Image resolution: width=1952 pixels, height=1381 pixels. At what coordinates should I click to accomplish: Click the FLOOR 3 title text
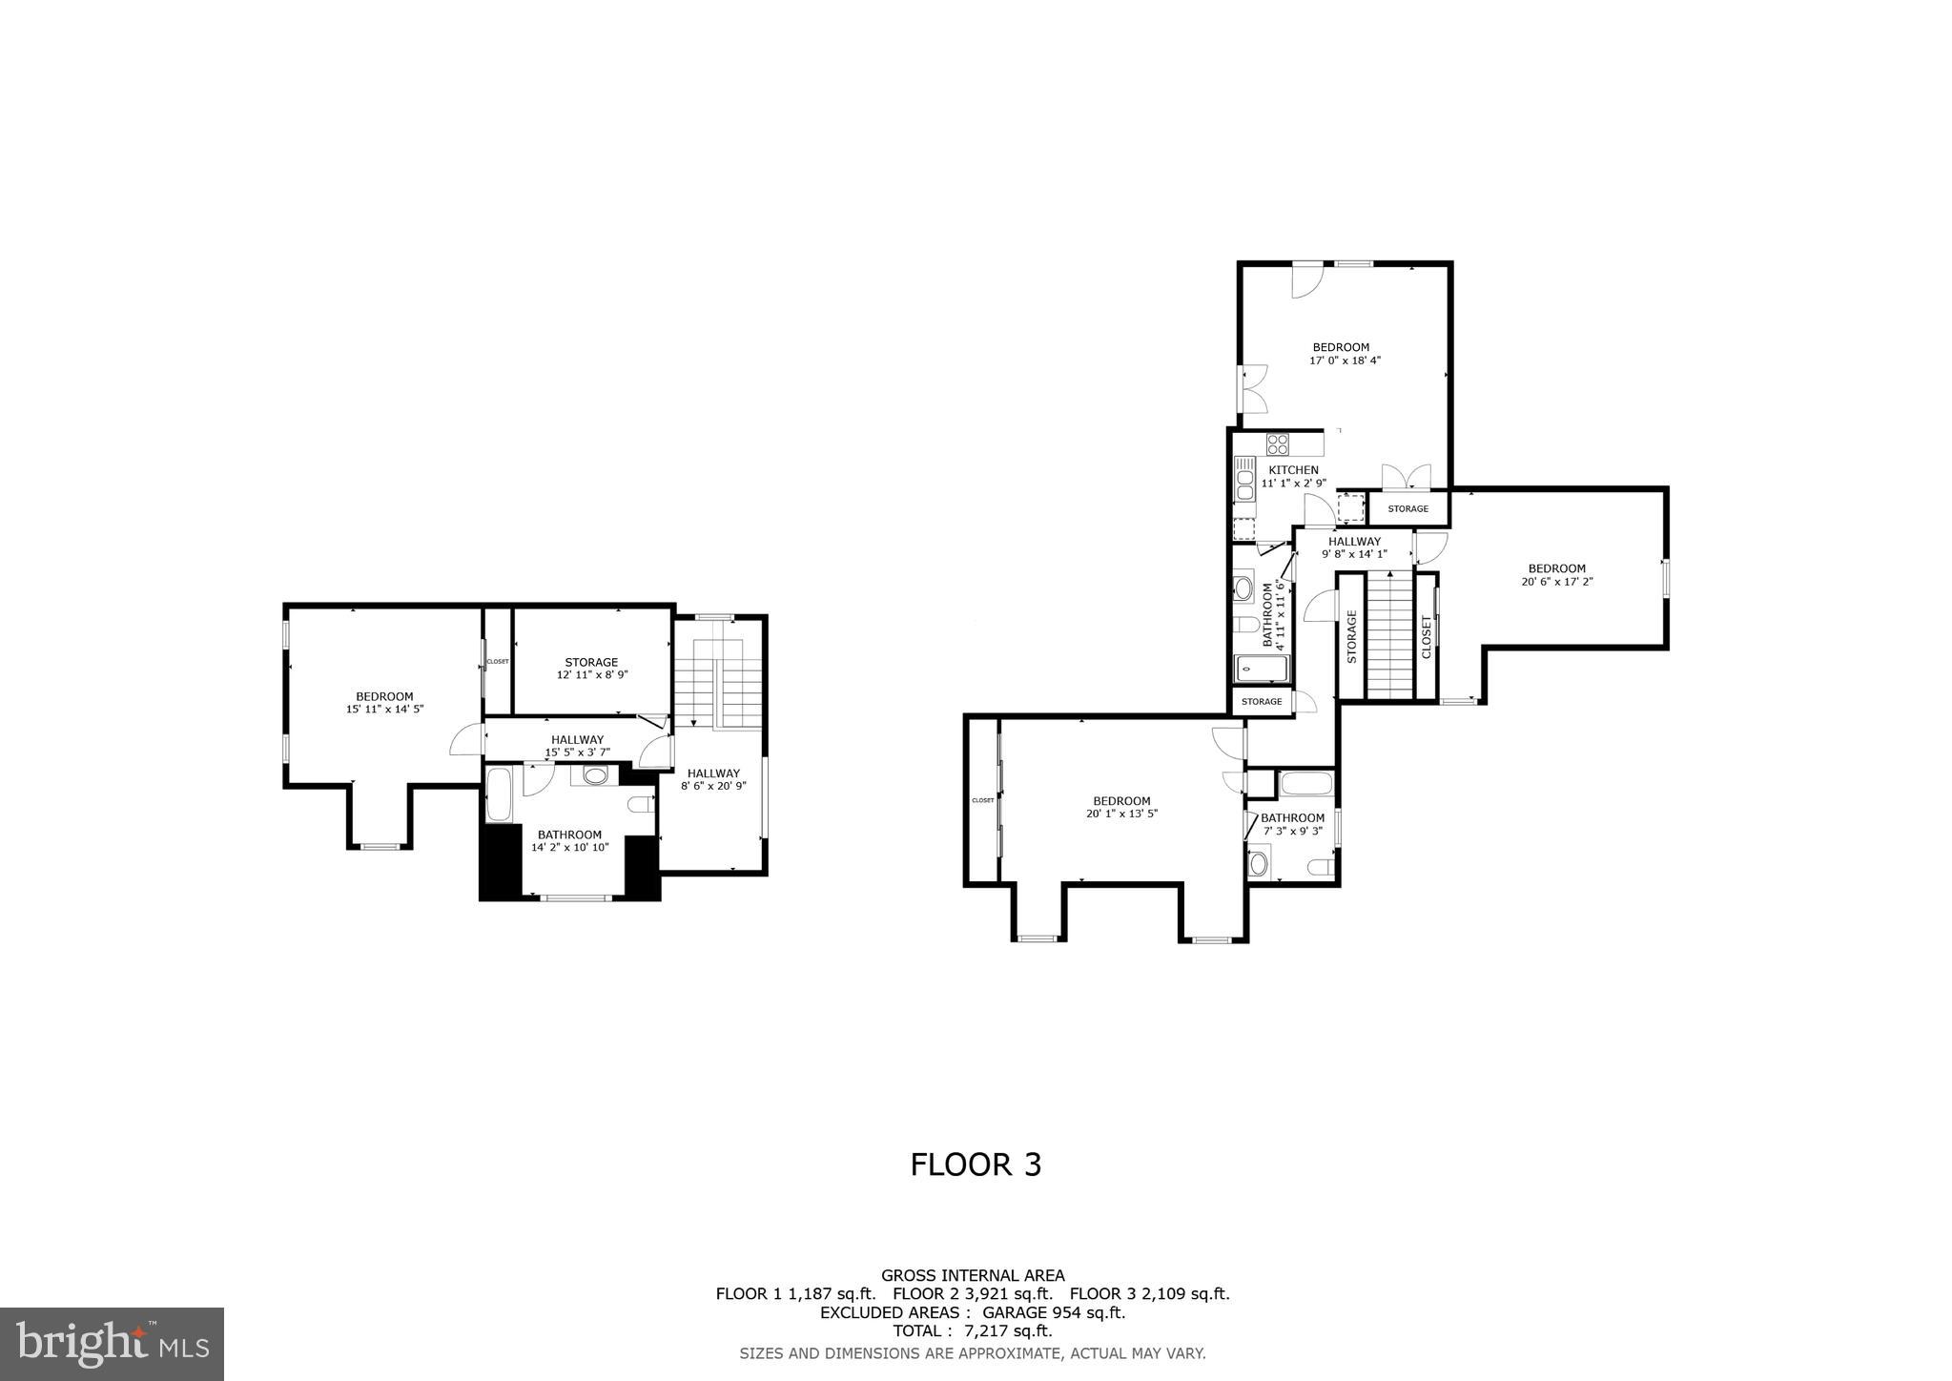pos(975,1165)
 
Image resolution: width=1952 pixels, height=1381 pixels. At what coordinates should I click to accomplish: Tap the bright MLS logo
pos(112,1344)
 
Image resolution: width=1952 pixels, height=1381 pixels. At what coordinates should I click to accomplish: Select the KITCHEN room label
pos(1293,470)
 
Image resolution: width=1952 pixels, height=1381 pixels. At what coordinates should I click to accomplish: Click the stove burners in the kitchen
pos(1278,444)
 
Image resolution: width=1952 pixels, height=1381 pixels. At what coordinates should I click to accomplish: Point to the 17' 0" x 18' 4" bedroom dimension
pos(1345,361)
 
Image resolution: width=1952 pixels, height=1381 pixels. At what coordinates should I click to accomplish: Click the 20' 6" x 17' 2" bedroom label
pos(1557,575)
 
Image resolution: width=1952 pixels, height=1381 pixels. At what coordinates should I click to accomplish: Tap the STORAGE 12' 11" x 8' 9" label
pos(591,668)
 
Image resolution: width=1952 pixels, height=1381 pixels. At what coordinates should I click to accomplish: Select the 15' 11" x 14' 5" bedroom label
pos(384,703)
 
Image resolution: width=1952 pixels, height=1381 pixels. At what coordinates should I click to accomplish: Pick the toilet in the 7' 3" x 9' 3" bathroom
pos(1321,866)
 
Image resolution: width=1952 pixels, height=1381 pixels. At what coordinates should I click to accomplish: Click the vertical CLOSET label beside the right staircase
pos(1427,636)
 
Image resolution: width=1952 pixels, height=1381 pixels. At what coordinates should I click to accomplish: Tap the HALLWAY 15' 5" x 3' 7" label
pos(577,746)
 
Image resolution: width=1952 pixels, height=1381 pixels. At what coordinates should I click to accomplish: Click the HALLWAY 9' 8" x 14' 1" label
pos(1354,547)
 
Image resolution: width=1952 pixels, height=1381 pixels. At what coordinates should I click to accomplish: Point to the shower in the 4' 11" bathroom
pos(1262,669)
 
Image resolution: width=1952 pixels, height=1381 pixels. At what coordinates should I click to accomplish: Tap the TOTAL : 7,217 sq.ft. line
pos(972,1330)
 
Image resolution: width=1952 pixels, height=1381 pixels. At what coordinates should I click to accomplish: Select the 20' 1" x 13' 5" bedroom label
pos(1121,807)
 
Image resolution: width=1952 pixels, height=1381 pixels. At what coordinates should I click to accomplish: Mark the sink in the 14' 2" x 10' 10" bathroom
pos(595,775)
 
